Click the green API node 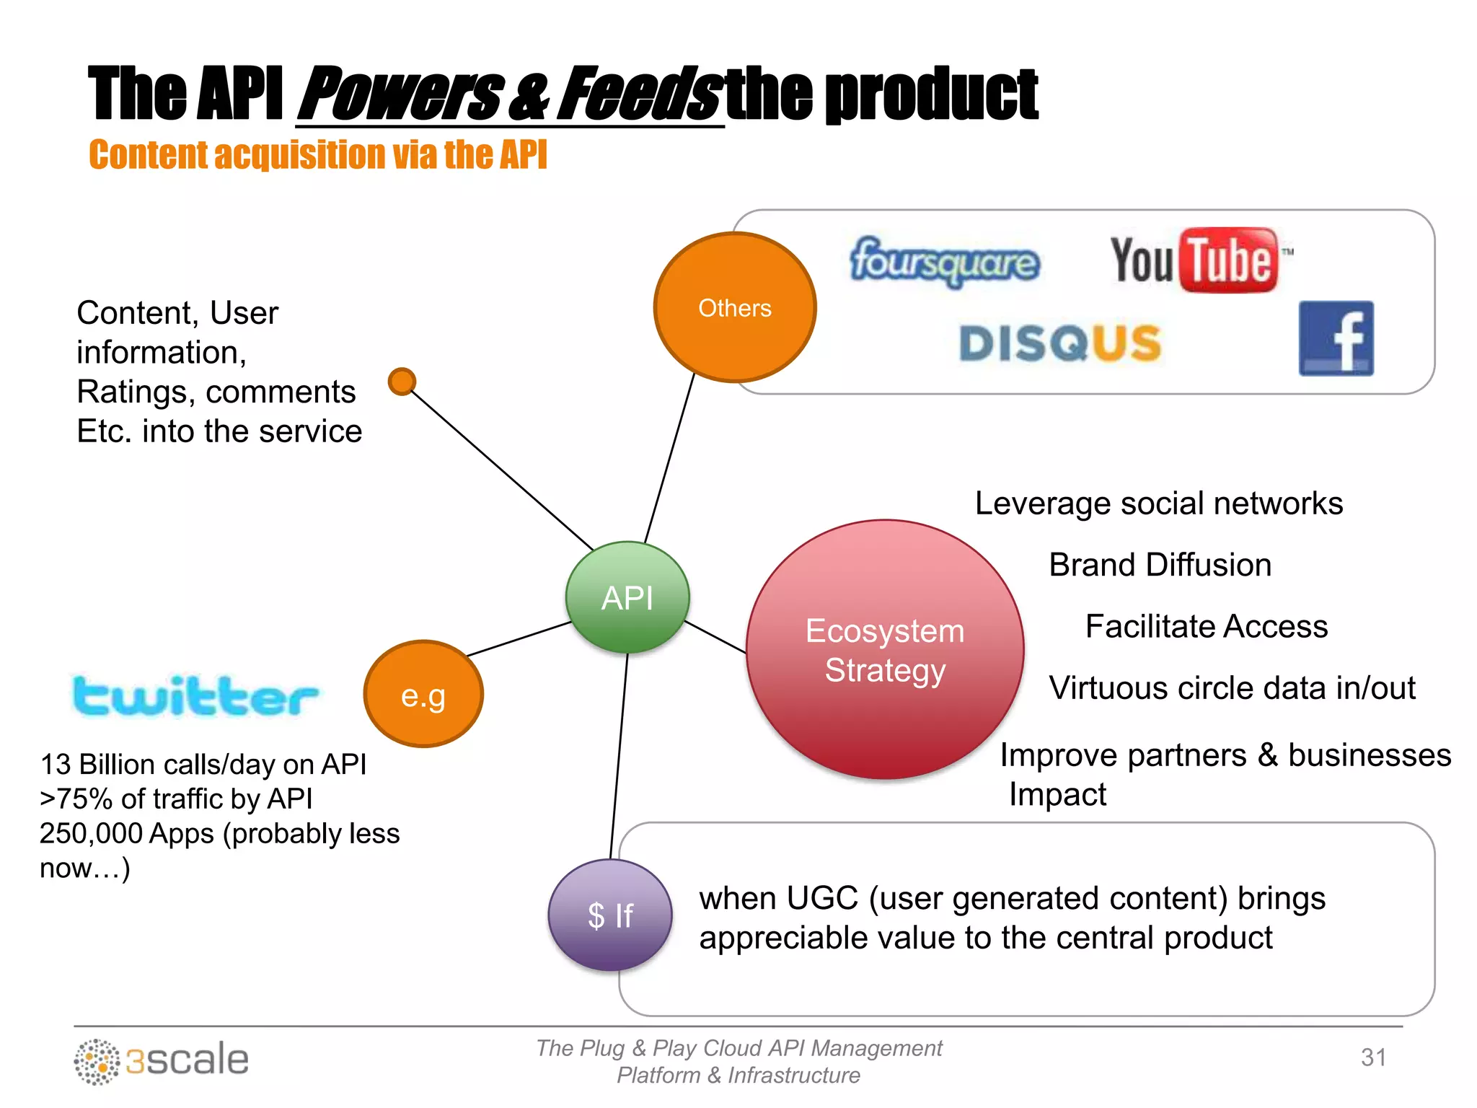pos(627,597)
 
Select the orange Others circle pos(735,307)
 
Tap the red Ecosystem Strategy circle pos(885,649)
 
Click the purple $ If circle pos(610,915)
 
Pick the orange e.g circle pos(423,695)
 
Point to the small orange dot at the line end pos(402,382)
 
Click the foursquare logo pos(945,261)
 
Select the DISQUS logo pos(1060,343)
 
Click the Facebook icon pos(1336,338)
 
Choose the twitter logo pos(195,696)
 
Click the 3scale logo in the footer pos(162,1060)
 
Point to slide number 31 pos(1373,1058)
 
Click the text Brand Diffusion pos(1160,565)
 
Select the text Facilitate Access pos(1206,626)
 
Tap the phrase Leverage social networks pos(1158,504)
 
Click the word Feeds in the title pos(639,94)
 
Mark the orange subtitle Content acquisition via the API pos(318,155)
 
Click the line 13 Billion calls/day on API pos(203,765)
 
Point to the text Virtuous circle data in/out pos(1232,688)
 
